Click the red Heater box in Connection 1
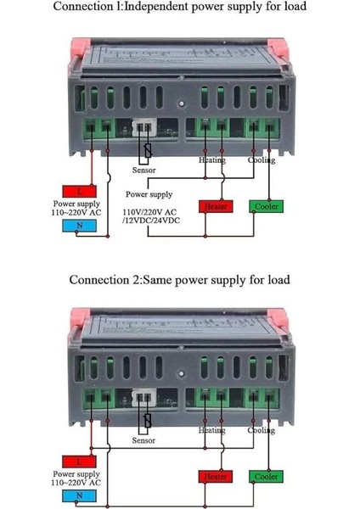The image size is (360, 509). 215,206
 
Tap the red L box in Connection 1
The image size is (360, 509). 79,191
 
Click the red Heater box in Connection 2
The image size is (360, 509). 215,477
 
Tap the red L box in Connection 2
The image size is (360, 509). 79,461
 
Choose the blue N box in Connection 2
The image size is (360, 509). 79,495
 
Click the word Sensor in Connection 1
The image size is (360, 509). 144,171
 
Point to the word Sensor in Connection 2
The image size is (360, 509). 144,441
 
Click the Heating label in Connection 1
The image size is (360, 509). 212,159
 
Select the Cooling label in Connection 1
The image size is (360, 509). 262,159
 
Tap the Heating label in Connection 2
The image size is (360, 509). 212,430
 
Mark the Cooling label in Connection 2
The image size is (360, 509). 262,430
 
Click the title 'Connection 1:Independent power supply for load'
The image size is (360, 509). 179,8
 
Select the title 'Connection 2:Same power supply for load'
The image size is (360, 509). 179,279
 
